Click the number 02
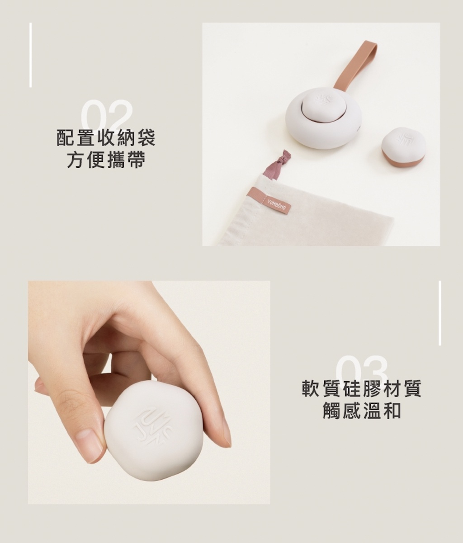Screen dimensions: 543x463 (x=107, y=115)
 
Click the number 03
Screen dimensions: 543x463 (x=362, y=370)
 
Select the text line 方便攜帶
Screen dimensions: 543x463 (x=106, y=160)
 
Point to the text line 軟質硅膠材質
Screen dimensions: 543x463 (x=362, y=389)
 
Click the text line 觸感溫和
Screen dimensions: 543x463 (x=362, y=411)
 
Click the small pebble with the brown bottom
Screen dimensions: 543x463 (x=403, y=147)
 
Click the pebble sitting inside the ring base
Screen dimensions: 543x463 (x=323, y=105)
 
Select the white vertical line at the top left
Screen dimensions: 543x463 (x=31, y=55)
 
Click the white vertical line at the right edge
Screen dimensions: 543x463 (x=439, y=313)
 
